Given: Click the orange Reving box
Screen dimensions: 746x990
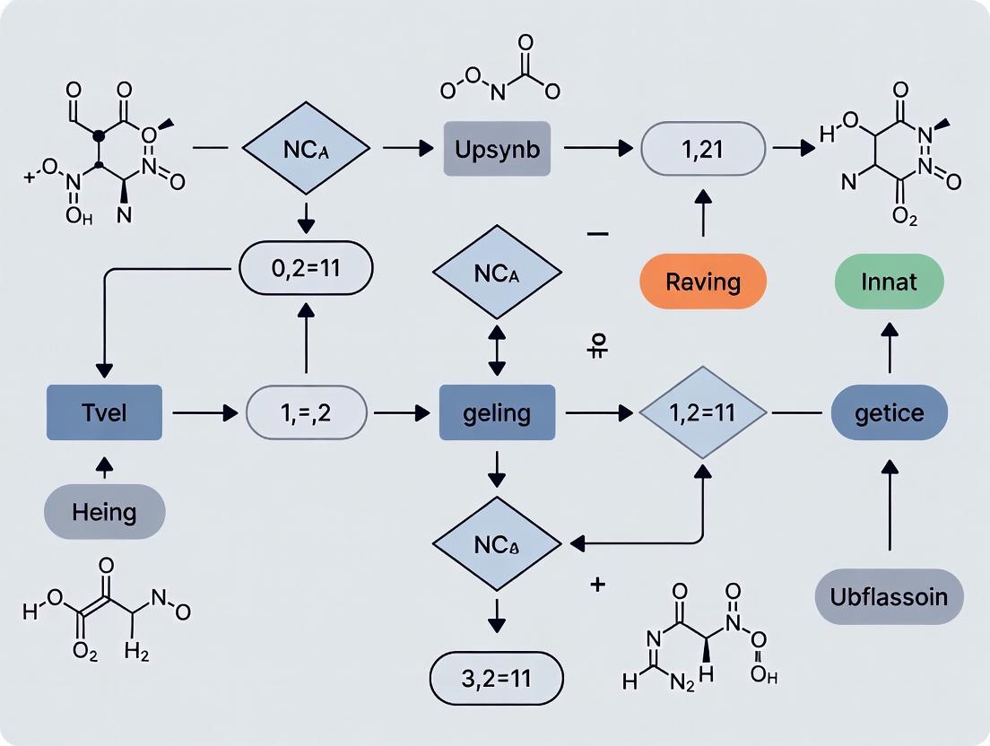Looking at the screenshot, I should [x=703, y=282].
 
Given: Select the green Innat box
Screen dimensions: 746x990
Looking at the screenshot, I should [x=889, y=282].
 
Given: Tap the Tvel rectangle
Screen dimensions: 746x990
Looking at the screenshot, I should [x=104, y=412].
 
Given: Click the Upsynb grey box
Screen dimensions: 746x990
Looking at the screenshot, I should [x=497, y=149].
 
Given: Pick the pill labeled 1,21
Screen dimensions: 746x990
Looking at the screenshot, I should [x=703, y=149].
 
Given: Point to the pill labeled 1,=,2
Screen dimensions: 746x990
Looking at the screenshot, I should [x=307, y=413].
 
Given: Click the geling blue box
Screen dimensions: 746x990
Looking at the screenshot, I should [x=497, y=413].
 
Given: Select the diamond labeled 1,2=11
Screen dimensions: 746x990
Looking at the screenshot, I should [x=703, y=413].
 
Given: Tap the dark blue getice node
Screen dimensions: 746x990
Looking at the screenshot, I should [x=889, y=413].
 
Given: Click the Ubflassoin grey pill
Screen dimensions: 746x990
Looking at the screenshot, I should [x=889, y=595].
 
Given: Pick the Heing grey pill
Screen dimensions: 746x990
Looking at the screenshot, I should [x=105, y=512].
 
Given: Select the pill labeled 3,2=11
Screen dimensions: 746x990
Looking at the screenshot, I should [x=497, y=678].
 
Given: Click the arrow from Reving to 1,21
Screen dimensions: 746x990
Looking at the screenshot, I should [x=703, y=215].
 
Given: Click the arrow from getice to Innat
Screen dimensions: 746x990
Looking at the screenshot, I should [x=889, y=350].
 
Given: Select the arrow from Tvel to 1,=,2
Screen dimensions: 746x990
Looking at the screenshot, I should [x=202, y=413].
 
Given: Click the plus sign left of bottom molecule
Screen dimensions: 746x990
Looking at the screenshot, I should [x=598, y=586].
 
